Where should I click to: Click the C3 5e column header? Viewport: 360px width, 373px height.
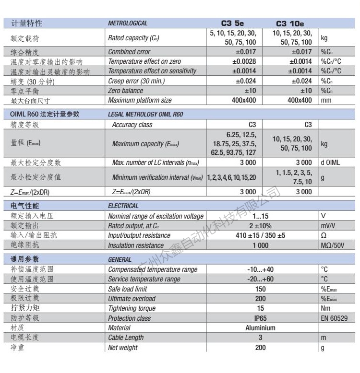pos(233,23)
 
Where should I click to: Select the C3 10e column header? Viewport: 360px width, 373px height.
pos(290,23)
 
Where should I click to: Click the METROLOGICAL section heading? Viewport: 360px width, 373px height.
pos(128,23)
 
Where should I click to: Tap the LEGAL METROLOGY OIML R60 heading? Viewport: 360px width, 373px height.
pos(145,115)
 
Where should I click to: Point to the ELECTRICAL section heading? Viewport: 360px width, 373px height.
pos(123,206)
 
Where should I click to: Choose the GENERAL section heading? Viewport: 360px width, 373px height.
pos(120,259)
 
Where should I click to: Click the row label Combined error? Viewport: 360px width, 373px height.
pos(129,52)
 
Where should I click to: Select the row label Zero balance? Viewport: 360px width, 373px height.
pos(125,91)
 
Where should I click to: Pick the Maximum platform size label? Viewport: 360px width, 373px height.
pos(139,100)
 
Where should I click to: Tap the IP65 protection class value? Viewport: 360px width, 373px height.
pos(260,318)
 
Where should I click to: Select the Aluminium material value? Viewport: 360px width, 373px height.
pos(260,328)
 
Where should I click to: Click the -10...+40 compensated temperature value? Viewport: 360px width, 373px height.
pos(260,269)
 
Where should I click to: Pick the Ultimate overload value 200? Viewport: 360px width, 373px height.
pos(260,299)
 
